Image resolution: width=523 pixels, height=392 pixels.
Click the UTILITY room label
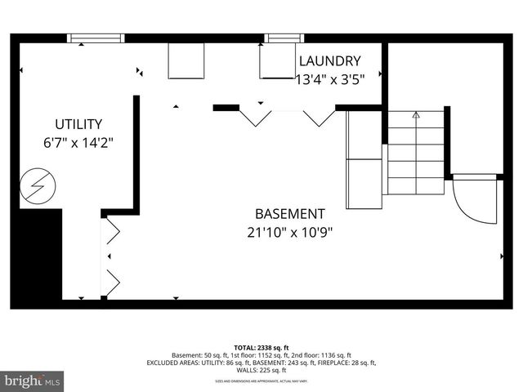click(x=78, y=124)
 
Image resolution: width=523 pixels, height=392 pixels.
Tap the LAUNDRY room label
click(x=329, y=60)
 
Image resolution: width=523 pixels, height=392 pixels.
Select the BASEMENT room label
click(x=289, y=214)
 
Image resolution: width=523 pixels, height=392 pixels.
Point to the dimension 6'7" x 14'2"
click(x=78, y=142)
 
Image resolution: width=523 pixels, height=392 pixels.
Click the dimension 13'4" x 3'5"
click(x=329, y=78)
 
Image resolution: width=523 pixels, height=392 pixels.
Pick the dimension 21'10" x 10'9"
click(x=289, y=232)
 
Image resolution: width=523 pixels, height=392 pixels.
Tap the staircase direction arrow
click(x=415, y=115)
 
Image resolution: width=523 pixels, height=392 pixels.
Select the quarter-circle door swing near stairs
click(x=472, y=200)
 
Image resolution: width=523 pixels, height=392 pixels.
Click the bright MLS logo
click(x=33, y=381)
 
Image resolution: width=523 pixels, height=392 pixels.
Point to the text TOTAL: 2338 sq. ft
click(x=261, y=348)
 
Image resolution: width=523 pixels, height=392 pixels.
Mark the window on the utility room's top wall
click(x=96, y=38)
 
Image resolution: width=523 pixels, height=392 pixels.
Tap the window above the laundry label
click(x=281, y=38)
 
